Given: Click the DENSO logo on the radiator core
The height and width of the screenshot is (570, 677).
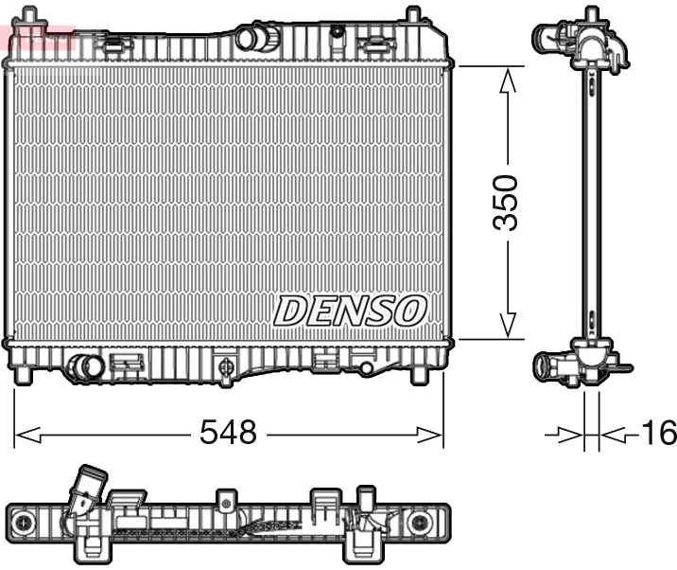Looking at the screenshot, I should pos(351,310).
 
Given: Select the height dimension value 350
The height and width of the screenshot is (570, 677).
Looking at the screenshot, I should pos(509,202).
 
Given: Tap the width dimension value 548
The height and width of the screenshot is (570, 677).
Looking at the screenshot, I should pos(228,434).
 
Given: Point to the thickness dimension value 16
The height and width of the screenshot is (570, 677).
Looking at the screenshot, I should pos(658,434).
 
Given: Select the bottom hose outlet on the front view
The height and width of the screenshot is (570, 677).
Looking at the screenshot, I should pos(87,367).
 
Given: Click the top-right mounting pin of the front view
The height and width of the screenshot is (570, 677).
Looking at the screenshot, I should pos(412,17).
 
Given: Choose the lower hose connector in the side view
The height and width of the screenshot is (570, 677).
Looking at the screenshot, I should pos(553,365).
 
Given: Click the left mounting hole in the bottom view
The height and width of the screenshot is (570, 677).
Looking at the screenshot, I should pos(24,522).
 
